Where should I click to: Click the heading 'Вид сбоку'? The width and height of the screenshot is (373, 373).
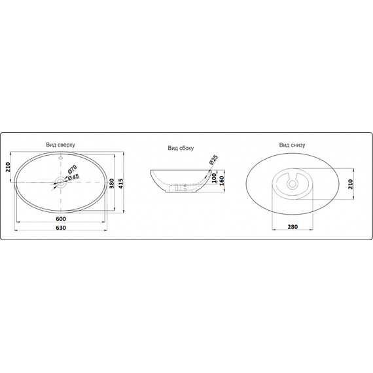coord(181,149)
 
